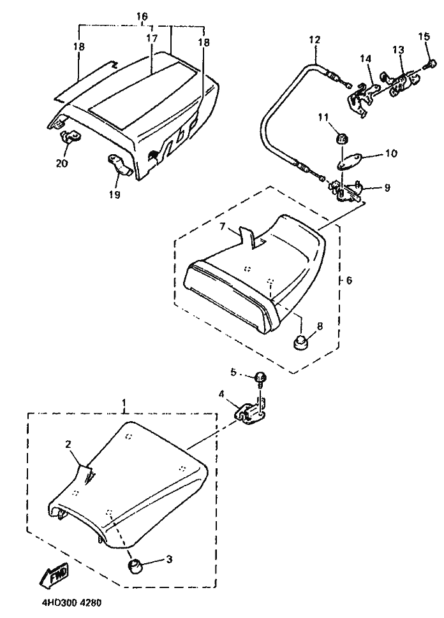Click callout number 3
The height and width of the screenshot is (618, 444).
point(169,559)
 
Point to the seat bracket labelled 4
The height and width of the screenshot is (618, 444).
point(250,415)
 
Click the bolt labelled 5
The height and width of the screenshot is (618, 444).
point(260,378)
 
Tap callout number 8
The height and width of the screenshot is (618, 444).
point(320,326)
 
